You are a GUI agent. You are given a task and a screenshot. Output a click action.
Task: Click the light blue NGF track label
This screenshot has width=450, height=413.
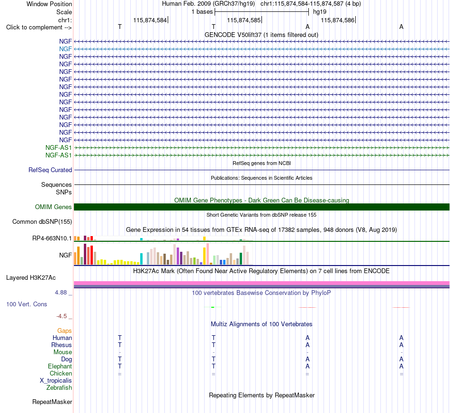(65, 49)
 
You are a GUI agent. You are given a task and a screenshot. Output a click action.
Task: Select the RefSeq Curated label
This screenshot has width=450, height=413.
(50, 170)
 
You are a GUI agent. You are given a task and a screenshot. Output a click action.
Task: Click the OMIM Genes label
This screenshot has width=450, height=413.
(54, 207)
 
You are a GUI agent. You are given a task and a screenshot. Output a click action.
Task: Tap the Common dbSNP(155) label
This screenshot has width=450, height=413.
(42, 222)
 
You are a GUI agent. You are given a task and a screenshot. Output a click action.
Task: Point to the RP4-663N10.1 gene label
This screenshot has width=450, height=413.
(52, 239)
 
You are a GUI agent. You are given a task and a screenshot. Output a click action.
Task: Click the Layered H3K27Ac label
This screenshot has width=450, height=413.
(31, 278)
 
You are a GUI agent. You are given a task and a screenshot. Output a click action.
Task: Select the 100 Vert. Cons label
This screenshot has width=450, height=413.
(27, 304)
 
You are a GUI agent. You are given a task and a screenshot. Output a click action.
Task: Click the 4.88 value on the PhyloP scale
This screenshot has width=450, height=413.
(61, 293)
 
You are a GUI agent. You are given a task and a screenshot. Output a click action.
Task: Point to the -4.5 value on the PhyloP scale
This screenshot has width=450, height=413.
(62, 316)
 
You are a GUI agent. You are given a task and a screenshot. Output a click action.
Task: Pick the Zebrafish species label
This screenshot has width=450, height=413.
(59, 388)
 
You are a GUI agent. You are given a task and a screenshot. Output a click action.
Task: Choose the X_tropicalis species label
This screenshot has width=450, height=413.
(56, 381)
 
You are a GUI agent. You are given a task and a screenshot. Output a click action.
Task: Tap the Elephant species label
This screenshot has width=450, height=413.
(60, 367)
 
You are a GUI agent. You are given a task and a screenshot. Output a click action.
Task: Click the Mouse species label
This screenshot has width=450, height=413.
(63, 352)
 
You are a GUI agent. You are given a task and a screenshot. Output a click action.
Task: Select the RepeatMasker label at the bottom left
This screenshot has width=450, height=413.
(52, 402)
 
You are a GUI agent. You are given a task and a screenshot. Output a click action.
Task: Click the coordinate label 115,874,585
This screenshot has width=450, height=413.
(244, 20)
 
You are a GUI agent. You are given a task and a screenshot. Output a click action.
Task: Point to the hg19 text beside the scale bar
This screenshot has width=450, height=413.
(320, 12)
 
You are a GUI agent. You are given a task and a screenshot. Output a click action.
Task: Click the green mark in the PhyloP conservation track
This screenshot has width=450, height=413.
(213, 307)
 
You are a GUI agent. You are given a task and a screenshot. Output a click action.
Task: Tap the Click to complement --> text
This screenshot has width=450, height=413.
(39, 28)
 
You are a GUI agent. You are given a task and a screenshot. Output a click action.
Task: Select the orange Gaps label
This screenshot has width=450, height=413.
(64, 331)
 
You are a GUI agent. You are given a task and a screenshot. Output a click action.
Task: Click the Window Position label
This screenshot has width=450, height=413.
(49, 4)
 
